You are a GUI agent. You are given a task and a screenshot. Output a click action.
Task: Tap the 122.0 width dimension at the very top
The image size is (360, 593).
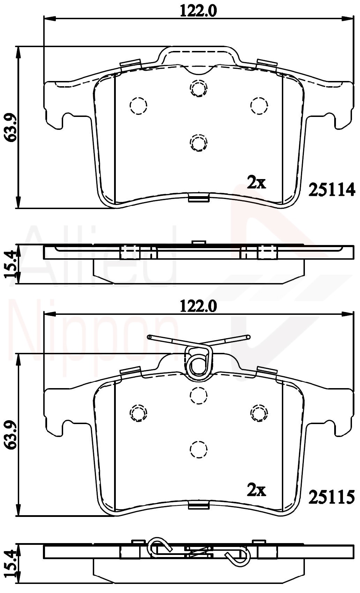point(198,12)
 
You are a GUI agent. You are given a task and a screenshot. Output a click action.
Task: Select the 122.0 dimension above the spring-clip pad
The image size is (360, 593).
point(198,306)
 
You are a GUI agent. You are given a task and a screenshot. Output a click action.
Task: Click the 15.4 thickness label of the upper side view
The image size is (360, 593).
point(10,264)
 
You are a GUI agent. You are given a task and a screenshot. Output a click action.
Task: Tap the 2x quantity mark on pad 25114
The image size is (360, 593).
point(256,183)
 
